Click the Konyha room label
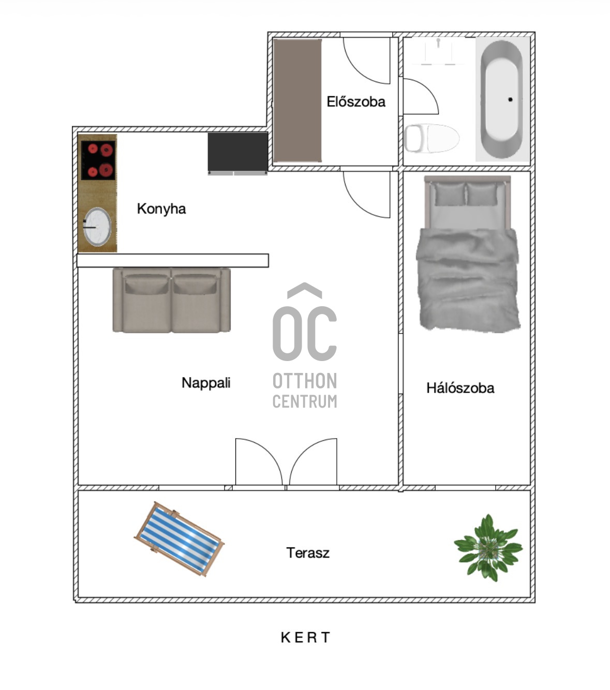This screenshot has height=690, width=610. click(x=161, y=209)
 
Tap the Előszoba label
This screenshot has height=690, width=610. click(x=356, y=101)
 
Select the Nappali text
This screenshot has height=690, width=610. click(x=206, y=383)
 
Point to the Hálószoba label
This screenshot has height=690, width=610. click(x=460, y=388)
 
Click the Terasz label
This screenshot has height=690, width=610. click(x=308, y=552)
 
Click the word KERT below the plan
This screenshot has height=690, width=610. click(x=305, y=637)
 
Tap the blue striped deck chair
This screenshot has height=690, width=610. click(x=179, y=539)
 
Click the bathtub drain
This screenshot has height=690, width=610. click(x=510, y=99)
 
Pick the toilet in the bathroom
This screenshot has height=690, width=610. click(x=432, y=138)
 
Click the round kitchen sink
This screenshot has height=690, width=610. click(x=97, y=227)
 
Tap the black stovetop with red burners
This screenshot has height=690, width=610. click(x=98, y=160)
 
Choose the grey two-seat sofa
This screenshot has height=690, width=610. click(x=171, y=300)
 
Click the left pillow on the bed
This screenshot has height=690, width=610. click(x=450, y=194)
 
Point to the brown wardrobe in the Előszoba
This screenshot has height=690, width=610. click(x=297, y=100)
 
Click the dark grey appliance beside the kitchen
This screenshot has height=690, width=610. click(x=237, y=153)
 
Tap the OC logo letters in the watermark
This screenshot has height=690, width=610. click(x=305, y=334)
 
